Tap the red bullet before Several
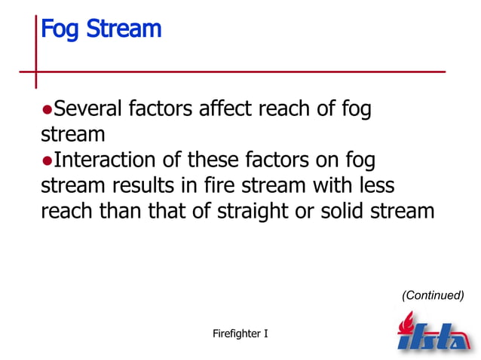46,110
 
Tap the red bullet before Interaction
46,161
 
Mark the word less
374,186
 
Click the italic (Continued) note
433,295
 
